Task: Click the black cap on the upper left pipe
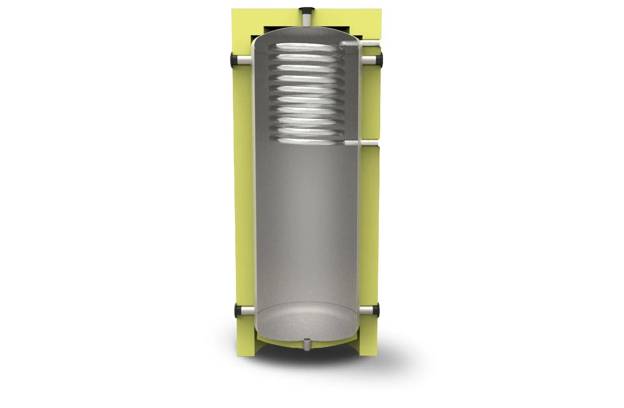235,60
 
